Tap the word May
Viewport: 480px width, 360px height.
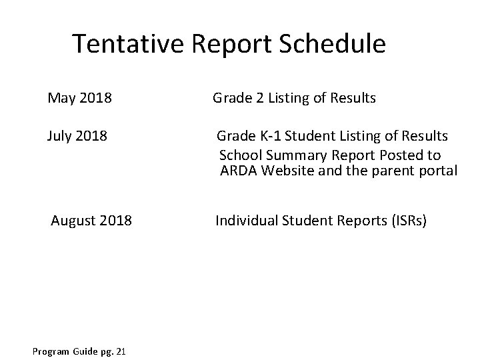pos(62,99)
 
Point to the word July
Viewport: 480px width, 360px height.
pos(61,137)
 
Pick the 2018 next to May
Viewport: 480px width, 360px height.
pos(95,99)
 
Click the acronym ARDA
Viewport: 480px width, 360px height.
pos(239,171)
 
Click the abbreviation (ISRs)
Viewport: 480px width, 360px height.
pos(404,219)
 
